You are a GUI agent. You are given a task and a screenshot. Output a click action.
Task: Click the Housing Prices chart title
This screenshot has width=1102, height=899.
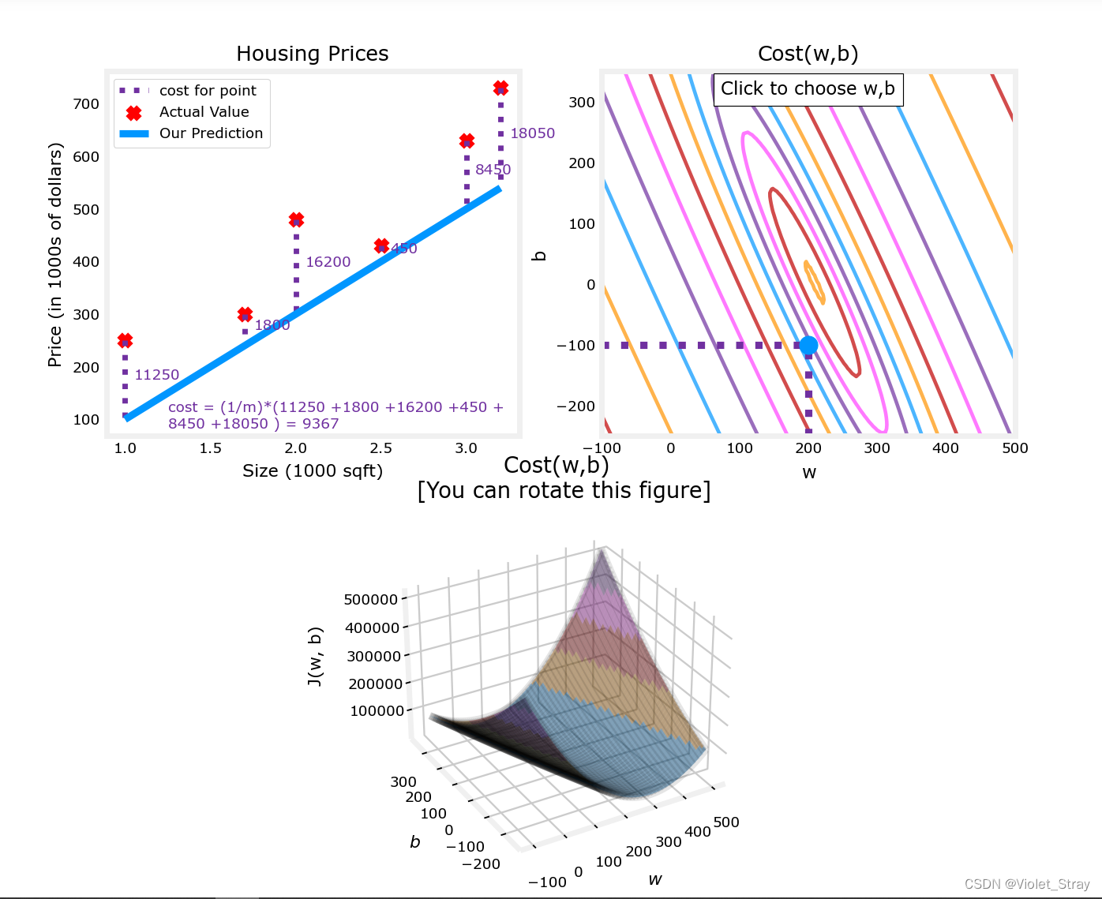(x=312, y=54)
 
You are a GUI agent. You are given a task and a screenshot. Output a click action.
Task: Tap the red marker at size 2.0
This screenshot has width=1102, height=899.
(x=296, y=219)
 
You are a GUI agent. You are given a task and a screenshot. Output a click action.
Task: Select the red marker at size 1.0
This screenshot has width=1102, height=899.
(x=125, y=340)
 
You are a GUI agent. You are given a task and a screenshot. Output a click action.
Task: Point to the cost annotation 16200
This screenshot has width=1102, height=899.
(x=328, y=262)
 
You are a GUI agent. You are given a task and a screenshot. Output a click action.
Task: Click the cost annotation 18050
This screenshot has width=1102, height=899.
(x=532, y=133)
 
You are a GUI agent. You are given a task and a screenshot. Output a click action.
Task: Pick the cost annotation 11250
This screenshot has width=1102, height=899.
(x=156, y=375)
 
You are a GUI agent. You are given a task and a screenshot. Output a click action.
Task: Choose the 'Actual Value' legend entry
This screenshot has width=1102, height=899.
(x=204, y=112)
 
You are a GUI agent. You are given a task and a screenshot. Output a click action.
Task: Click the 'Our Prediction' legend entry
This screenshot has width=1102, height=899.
(x=211, y=133)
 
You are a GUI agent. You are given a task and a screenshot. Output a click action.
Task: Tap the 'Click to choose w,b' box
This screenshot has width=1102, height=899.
(x=808, y=89)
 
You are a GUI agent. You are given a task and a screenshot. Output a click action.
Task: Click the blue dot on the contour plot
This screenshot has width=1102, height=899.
(x=808, y=345)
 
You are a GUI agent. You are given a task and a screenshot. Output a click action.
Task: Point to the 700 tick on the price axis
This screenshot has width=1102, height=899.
(x=86, y=103)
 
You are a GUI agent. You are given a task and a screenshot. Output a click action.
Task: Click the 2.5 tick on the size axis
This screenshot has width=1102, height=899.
(x=380, y=448)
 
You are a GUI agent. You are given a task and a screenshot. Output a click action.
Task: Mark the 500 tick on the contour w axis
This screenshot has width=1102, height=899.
(x=1014, y=448)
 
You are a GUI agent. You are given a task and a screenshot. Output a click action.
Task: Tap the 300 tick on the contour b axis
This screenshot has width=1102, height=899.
(x=582, y=103)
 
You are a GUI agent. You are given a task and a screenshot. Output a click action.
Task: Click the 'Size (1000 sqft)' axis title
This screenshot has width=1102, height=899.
(x=312, y=471)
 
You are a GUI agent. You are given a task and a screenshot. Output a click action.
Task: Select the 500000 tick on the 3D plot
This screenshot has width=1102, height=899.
(x=371, y=600)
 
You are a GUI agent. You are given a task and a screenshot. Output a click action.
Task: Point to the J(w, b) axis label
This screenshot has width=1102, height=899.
(x=315, y=657)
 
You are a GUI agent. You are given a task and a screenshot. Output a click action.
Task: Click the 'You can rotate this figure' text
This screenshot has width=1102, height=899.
(x=564, y=491)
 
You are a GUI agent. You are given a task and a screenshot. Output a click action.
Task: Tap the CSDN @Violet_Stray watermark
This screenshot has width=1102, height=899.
(x=1026, y=884)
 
